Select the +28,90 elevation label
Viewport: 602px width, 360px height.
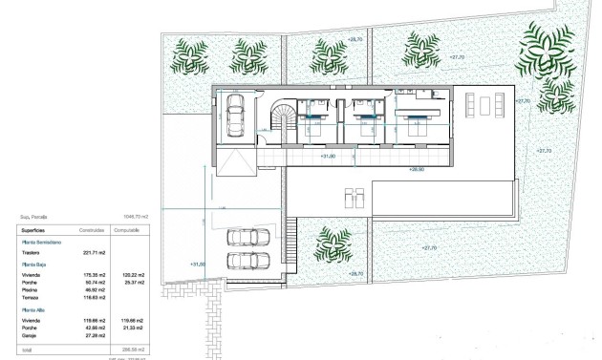pos(416,169)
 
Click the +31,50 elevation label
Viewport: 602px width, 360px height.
pos(199,265)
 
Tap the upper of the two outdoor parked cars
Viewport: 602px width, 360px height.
pos(247,238)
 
